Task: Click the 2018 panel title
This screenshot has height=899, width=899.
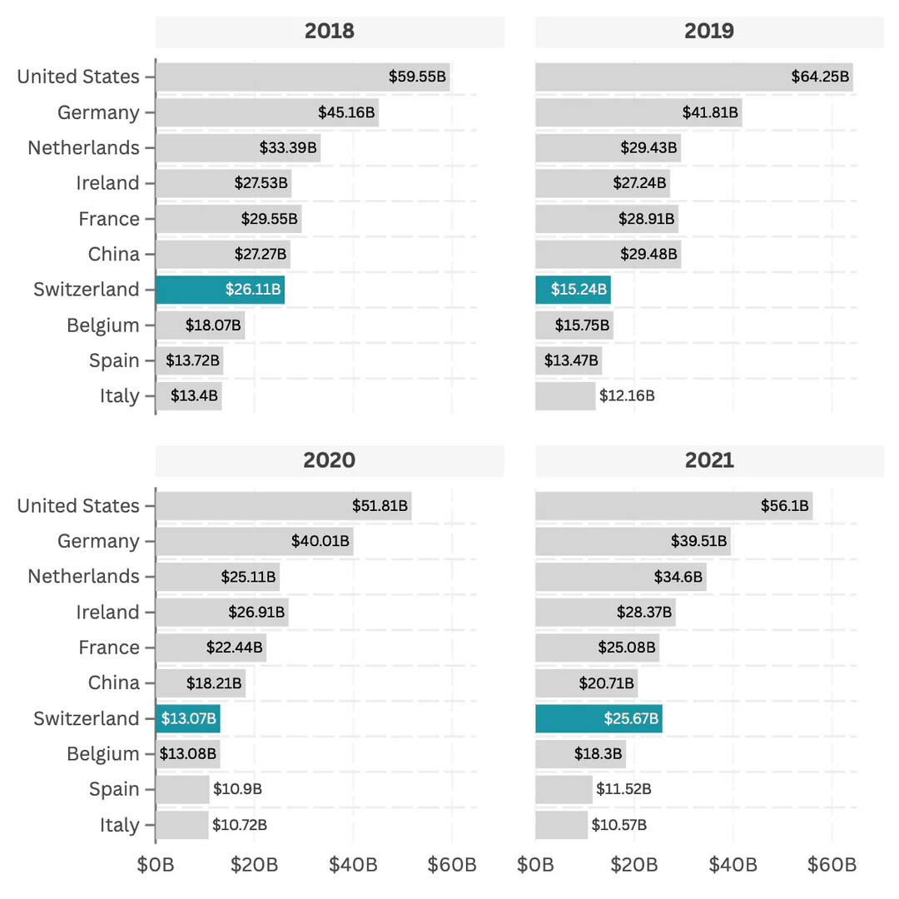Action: pyautogui.click(x=330, y=32)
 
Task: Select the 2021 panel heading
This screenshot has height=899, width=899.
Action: pyautogui.click(x=709, y=460)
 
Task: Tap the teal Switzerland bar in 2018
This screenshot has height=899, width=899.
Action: pyautogui.click(x=220, y=290)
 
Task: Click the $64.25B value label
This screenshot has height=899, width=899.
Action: pyautogui.click(x=820, y=77)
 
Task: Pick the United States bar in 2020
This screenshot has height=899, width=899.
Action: pyautogui.click(x=283, y=505)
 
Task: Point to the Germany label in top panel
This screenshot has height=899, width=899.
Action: pyautogui.click(x=98, y=112)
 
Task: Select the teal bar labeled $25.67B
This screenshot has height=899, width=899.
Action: pyautogui.click(x=599, y=718)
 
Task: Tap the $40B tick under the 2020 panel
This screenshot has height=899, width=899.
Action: pyautogui.click(x=353, y=865)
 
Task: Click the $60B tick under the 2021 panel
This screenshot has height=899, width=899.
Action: pyautogui.click(x=832, y=865)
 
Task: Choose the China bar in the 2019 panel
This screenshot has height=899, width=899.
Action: pyautogui.click(x=608, y=254)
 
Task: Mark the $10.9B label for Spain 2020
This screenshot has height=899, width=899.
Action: pyautogui.click(x=237, y=789)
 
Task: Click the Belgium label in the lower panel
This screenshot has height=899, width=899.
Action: pyautogui.click(x=103, y=754)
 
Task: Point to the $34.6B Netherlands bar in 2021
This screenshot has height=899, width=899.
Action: pyautogui.click(x=620, y=576)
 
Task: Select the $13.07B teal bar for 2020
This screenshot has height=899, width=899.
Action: pyautogui.click(x=187, y=718)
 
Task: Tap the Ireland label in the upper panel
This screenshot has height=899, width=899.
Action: pyautogui.click(x=107, y=183)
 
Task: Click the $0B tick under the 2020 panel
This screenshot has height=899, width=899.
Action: pyautogui.click(x=156, y=865)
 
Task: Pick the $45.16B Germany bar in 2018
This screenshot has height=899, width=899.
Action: pyautogui.click(x=266, y=112)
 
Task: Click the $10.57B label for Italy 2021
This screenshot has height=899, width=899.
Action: pyautogui.click(x=618, y=825)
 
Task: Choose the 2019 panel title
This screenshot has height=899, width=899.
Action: pyautogui.click(x=709, y=32)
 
